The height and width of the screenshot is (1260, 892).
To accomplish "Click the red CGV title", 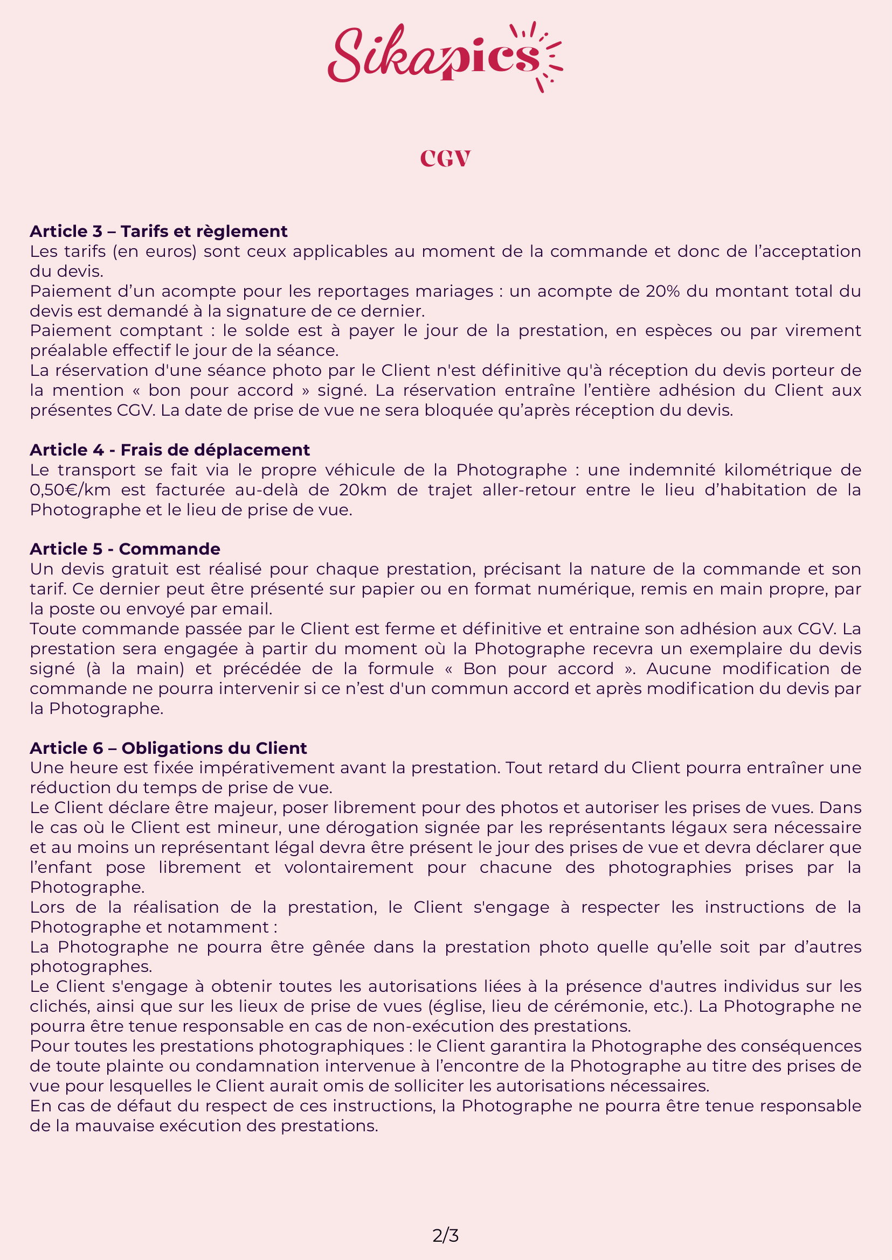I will click(x=445, y=159).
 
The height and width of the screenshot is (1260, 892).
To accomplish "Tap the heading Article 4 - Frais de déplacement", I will click(x=170, y=450).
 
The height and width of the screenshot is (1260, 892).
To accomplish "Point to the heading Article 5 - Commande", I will click(x=125, y=549).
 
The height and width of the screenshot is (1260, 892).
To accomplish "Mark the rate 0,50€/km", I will click(x=70, y=490).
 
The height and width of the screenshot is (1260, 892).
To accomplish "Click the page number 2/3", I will click(x=445, y=1236).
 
